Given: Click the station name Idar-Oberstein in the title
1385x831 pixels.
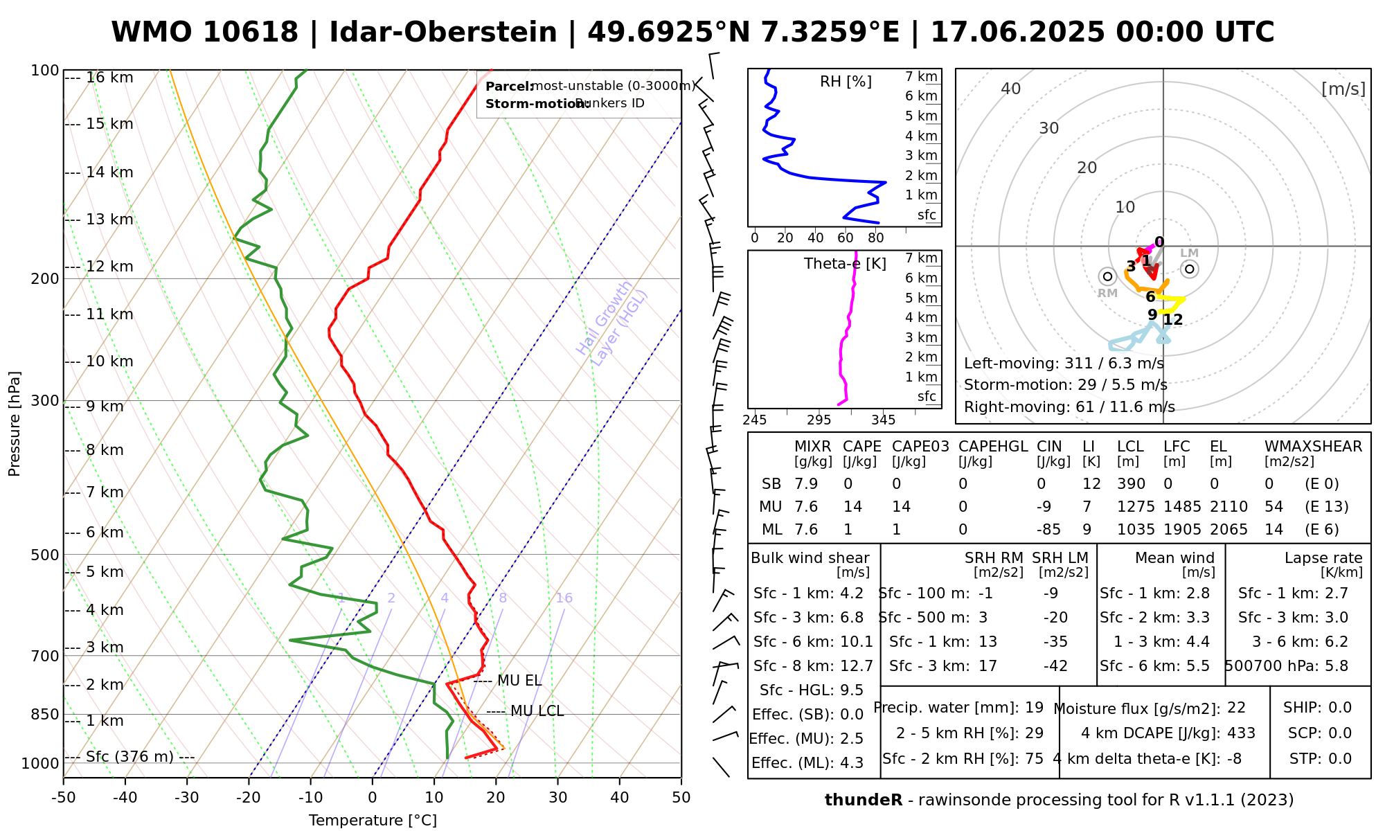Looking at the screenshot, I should (443, 33).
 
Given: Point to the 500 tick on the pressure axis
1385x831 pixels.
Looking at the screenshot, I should (45, 555).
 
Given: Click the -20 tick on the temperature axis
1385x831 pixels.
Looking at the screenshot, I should (249, 798).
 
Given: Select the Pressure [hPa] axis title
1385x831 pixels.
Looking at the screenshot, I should (15, 424).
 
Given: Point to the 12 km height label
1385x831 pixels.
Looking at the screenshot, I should (109, 267).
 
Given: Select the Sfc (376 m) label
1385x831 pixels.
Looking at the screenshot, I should (129, 757).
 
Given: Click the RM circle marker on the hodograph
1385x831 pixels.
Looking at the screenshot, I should (1107, 277).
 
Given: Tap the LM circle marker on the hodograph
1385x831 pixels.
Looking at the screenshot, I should (1190, 269).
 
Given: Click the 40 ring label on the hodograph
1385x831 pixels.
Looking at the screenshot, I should (1011, 89).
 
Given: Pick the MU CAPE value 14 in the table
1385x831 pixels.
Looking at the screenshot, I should (852, 507).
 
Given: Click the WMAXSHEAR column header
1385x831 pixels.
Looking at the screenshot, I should (1313, 447).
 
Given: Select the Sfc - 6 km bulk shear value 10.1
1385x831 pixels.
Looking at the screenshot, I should (857, 642).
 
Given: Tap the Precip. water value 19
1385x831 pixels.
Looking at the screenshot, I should (1034, 708).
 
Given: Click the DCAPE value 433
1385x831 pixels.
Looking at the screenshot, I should (1241, 733).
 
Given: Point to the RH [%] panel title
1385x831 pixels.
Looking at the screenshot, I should (846, 82).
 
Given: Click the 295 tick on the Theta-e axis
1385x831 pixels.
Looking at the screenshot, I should (819, 420).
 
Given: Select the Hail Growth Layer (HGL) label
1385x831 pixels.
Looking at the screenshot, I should (613, 323).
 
